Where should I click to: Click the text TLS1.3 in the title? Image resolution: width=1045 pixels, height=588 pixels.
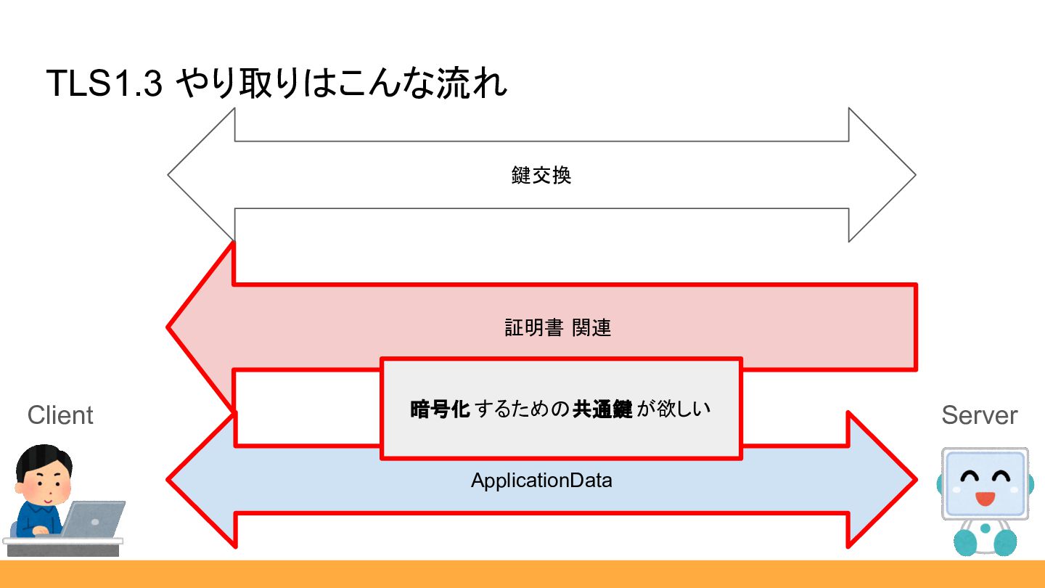click(103, 84)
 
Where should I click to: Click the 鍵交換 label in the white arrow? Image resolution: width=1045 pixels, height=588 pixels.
click(541, 176)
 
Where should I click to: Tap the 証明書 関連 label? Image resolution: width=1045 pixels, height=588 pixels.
click(557, 328)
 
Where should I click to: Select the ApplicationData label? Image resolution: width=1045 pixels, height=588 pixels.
click(541, 481)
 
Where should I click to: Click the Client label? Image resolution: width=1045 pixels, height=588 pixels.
click(60, 415)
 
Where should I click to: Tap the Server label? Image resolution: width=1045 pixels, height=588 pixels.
click(979, 415)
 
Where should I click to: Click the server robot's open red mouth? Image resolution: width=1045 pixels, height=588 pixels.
click(984, 499)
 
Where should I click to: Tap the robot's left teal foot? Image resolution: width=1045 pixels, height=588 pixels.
click(965, 541)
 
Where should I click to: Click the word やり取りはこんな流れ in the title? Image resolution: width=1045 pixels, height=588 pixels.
click(341, 84)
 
